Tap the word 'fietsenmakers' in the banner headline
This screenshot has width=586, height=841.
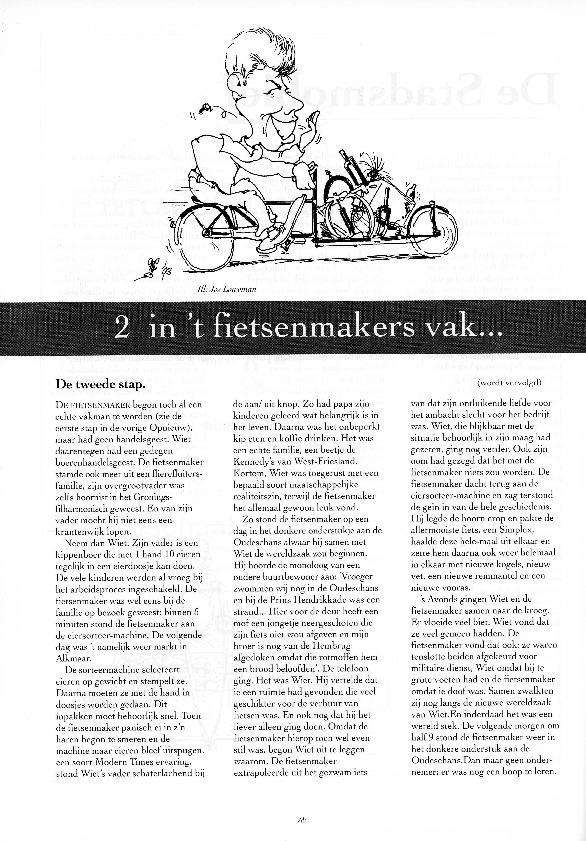coord(314,328)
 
